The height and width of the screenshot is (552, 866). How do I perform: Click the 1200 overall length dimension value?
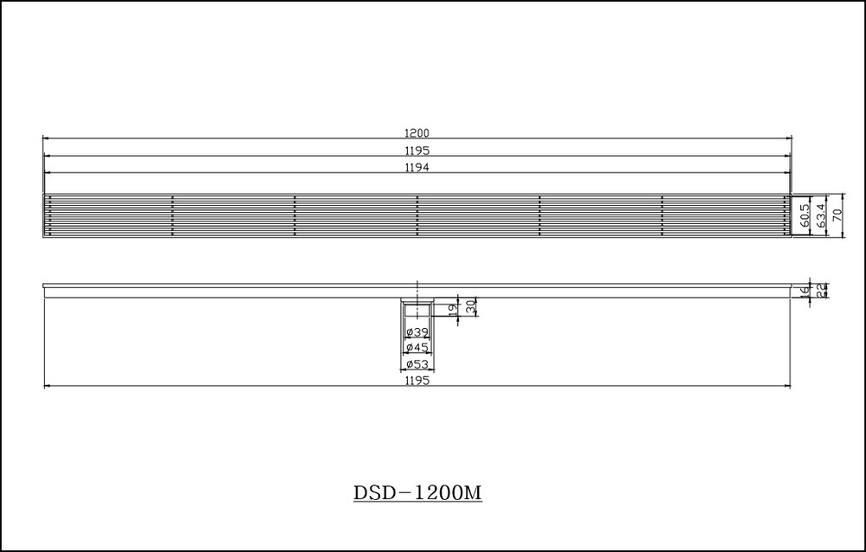[417, 133]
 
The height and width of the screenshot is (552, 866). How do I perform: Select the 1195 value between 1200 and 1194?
[417, 151]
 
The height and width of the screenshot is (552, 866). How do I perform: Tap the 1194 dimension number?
[417, 167]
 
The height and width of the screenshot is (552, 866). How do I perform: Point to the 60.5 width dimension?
[805, 215]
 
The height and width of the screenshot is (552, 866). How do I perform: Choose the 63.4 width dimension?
[821, 215]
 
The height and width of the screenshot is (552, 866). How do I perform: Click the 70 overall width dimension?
[837, 215]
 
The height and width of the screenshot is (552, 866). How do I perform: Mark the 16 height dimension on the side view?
[805, 290]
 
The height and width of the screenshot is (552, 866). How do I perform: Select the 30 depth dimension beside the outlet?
[470, 307]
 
